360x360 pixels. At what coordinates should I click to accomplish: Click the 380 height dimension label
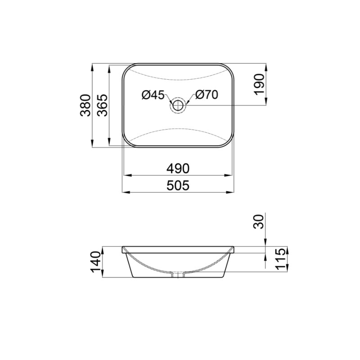click(x=86, y=106)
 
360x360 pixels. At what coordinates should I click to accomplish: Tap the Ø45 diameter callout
click(x=152, y=95)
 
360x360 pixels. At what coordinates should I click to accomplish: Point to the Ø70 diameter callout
click(x=207, y=95)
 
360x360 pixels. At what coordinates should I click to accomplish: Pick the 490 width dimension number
click(x=178, y=169)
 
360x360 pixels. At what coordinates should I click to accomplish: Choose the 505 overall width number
click(x=178, y=185)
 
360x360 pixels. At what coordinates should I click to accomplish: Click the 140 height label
click(x=95, y=262)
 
